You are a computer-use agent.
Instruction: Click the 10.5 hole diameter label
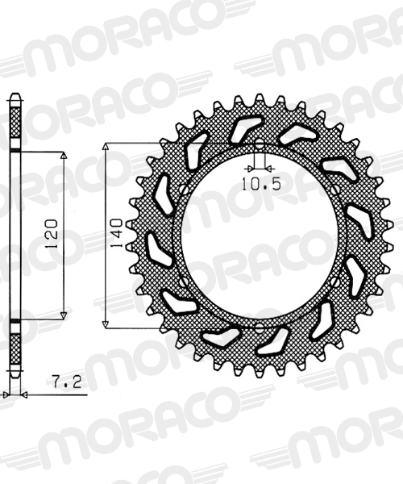[x=259, y=183]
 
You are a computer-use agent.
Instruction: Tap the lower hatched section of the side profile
[x=14, y=343]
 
